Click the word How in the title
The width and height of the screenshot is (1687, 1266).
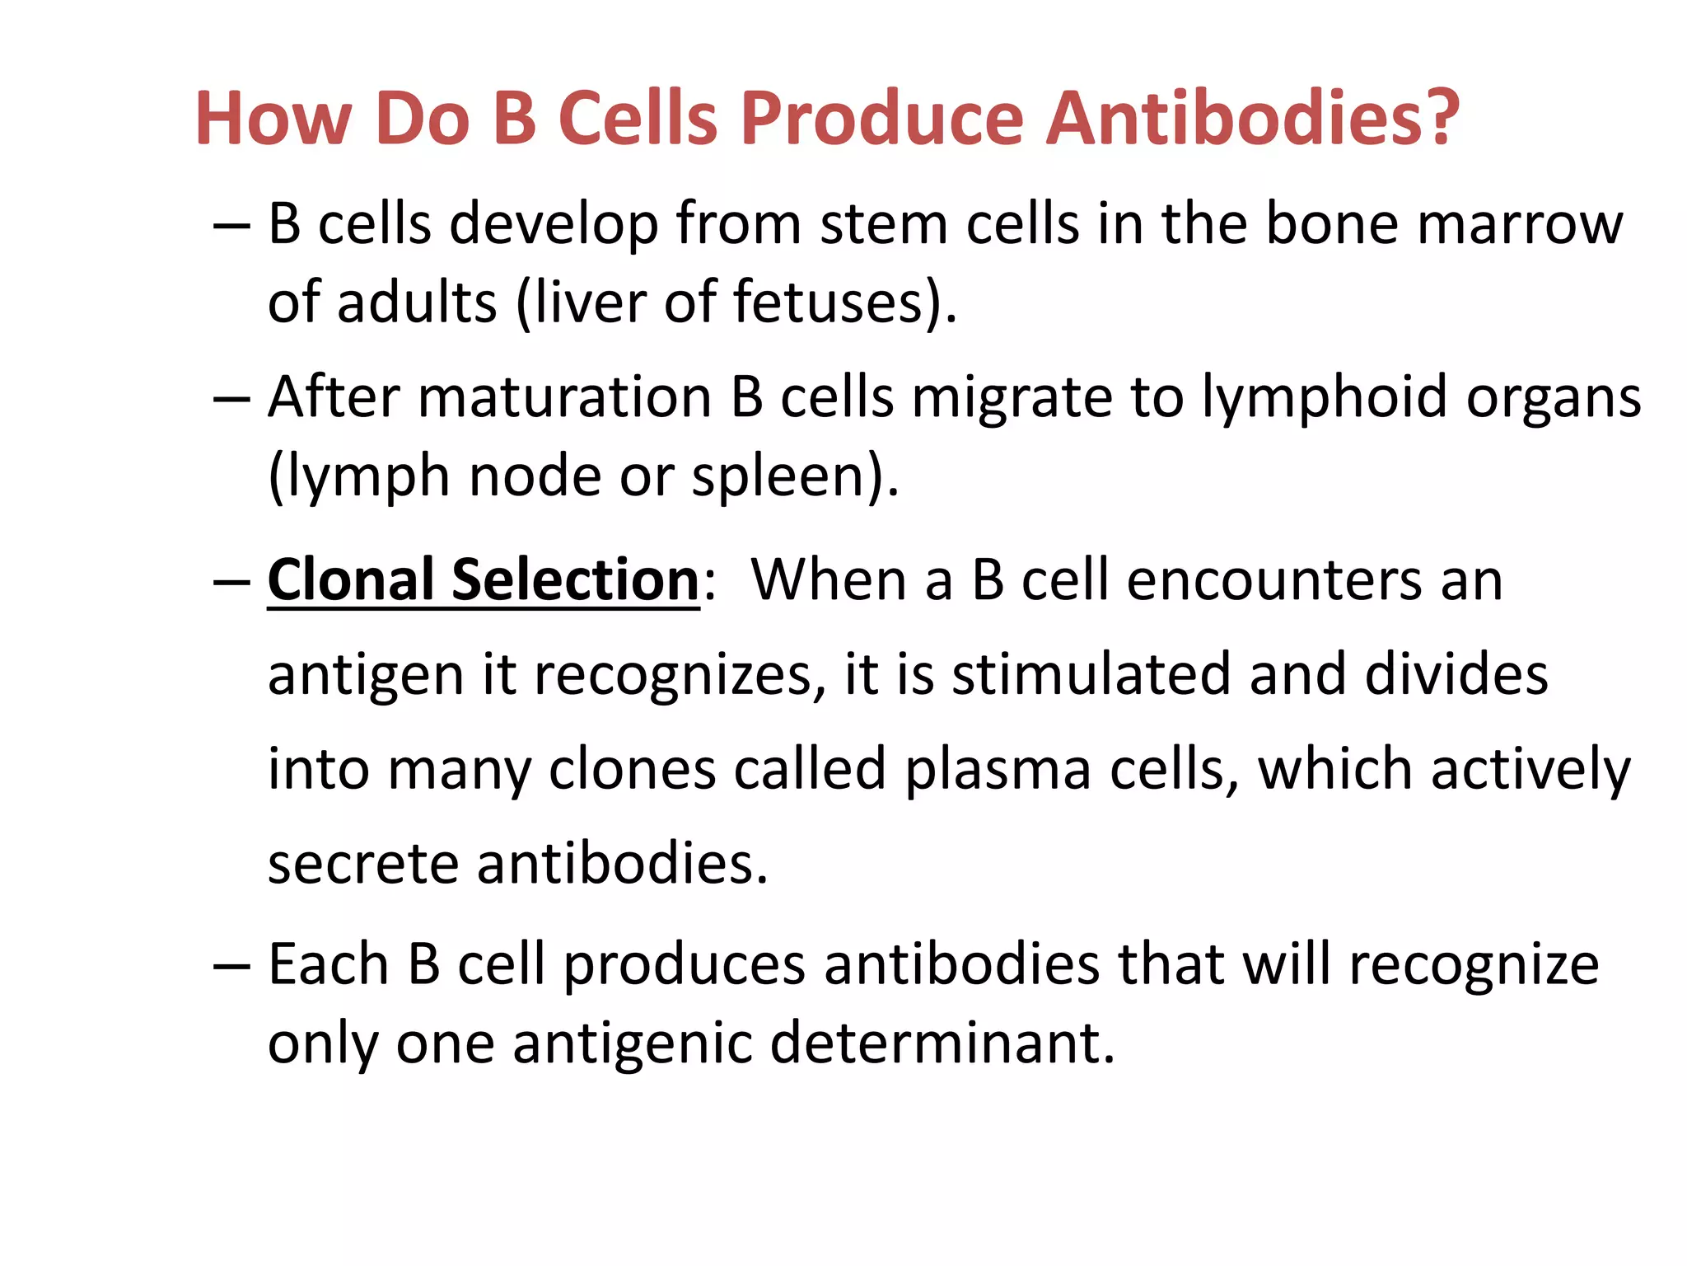pyautogui.click(x=273, y=120)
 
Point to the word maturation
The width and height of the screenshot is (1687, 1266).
pyautogui.click(x=564, y=398)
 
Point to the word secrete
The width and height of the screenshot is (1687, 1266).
pyautogui.click(x=363, y=865)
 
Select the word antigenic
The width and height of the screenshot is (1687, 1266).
pyautogui.click(x=632, y=1043)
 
